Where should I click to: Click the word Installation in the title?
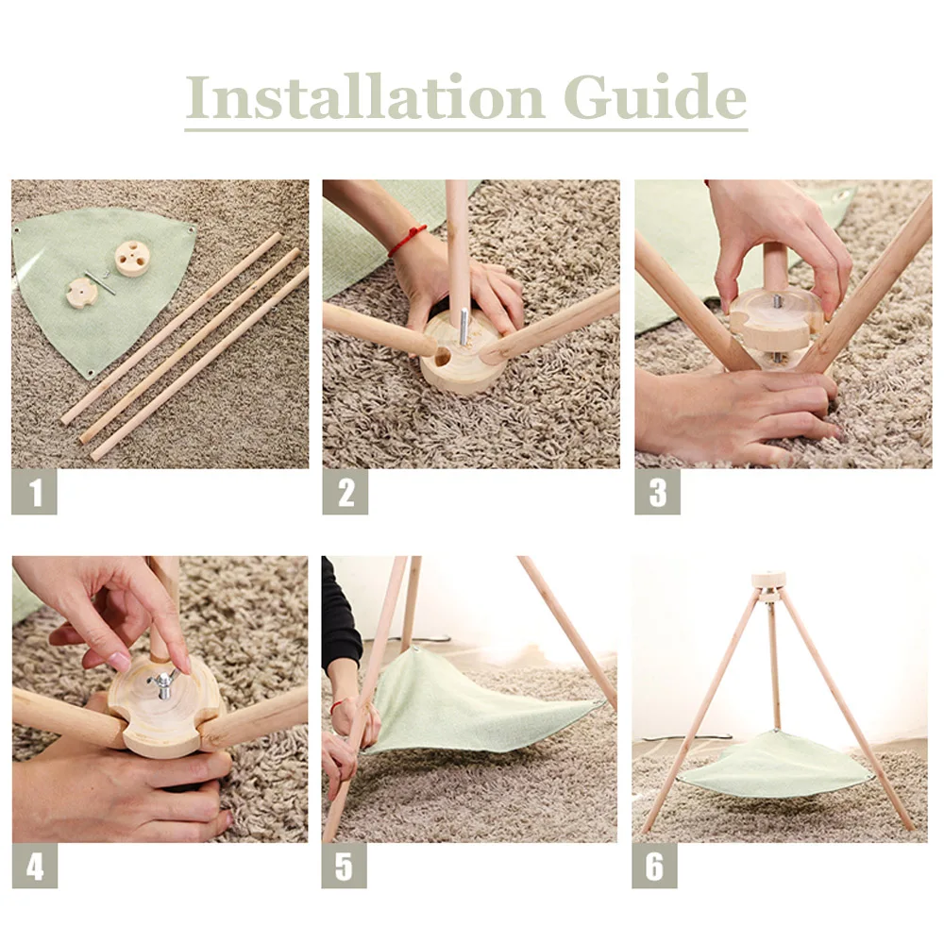coord(364,96)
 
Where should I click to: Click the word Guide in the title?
coord(655,96)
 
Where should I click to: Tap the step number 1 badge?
coord(34,492)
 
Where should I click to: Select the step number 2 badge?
coord(345,492)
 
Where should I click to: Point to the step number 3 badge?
coord(657,492)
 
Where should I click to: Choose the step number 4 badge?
coord(35,866)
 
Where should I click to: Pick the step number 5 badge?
coord(344,866)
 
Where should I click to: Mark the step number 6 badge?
coord(654,866)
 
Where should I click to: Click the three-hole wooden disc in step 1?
coord(130,259)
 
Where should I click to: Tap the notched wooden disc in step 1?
coord(81,294)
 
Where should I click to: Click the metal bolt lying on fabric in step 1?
coord(101,282)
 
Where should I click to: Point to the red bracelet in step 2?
coord(407,240)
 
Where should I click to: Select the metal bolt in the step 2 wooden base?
coord(463,327)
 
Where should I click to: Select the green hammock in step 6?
coord(776,767)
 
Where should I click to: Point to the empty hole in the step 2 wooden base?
coord(441,358)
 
